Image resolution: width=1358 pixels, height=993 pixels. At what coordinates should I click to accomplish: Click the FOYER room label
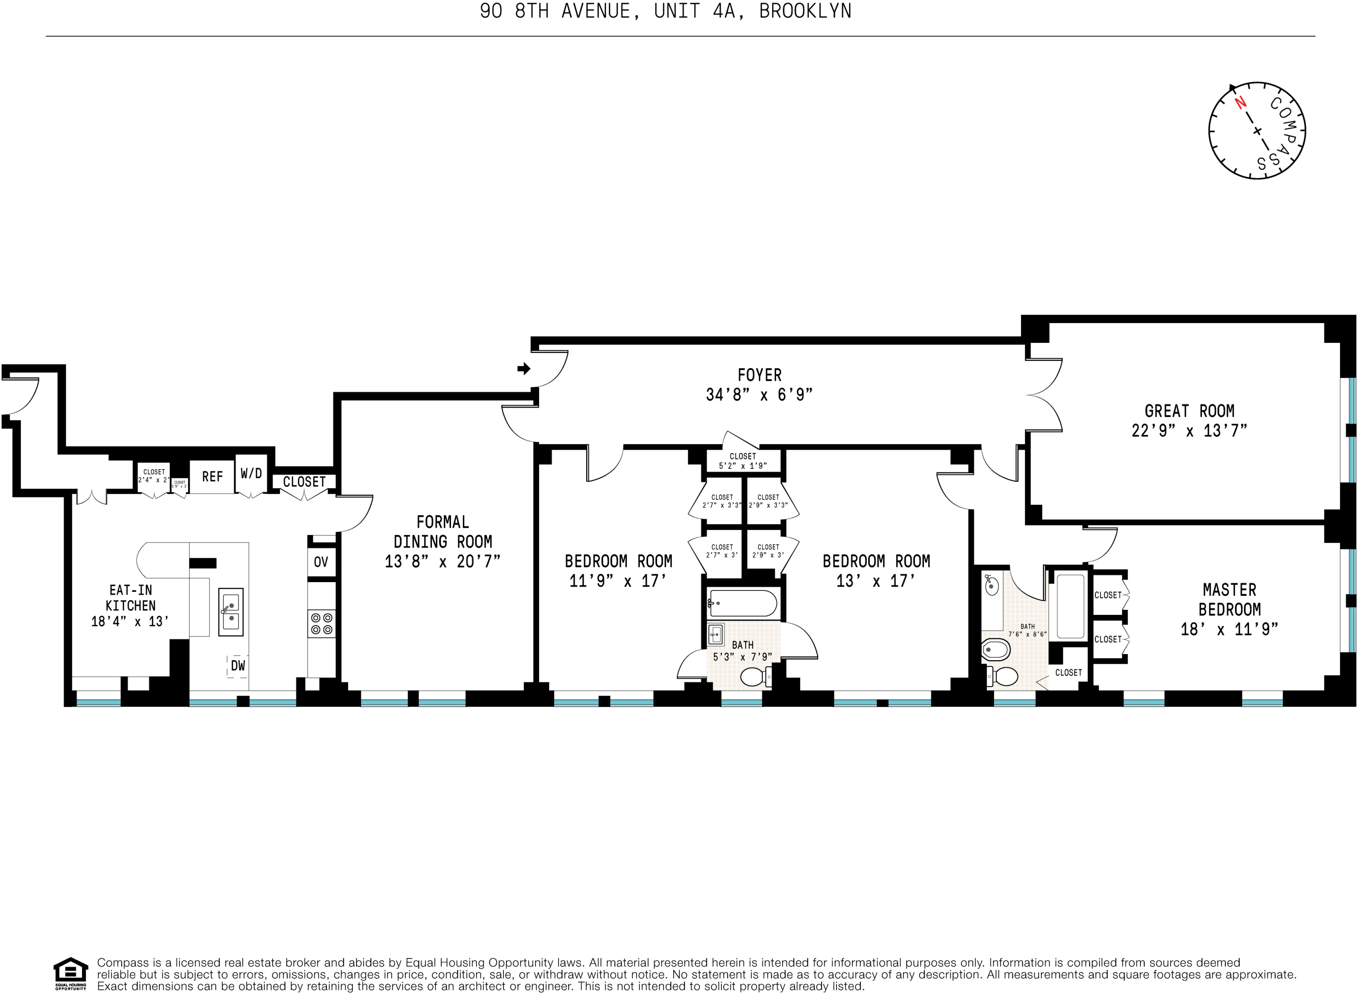(x=760, y=375)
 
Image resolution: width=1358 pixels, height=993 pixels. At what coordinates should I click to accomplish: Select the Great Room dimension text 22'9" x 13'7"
(x=1189, y=430)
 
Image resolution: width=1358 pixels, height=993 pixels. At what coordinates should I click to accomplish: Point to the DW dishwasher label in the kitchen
(x=238, y=666)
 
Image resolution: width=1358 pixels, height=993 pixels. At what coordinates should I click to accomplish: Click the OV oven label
(x=321, y=562)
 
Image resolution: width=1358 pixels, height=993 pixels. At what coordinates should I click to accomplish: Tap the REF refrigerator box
(x=212, y=477)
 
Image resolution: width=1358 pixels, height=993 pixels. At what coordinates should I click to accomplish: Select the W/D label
(x=251, y=473)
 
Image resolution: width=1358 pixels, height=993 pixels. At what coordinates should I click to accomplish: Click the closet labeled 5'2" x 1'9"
(x=743, y=461)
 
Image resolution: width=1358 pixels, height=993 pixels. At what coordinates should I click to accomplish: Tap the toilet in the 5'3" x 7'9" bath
(x=754, y=677)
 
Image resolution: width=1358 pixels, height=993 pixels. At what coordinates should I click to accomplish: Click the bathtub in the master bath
(x=1070, y=606)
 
